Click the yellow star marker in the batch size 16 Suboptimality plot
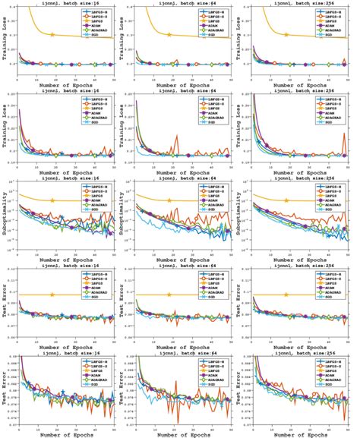click(52, 200)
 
